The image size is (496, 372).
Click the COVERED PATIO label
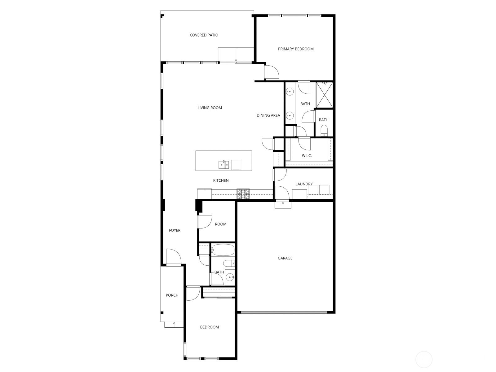(x=204, y=35)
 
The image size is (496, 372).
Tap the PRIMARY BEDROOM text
(x=295, y=49)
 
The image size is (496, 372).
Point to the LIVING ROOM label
(x=210, y=108)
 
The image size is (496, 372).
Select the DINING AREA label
(x=268, y=115)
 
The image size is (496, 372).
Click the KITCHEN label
(x=221, y=180)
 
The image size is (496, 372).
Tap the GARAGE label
(x=285, y=258)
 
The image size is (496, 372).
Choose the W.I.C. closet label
(x=307, y=156)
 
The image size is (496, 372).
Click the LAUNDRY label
(x=304, y=184)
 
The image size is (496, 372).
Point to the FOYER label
(x=175, y=230)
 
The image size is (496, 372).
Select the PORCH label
(x=172, y=295)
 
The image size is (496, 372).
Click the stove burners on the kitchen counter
(x=243, y=194)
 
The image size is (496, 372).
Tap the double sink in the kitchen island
(x=224, y=165)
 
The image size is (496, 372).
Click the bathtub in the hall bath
(x=223, y=250)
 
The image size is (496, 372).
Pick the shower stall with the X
(x=325, y=95)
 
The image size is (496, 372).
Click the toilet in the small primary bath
(x=324, y=131)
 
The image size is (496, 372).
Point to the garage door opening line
(x=284, y=312)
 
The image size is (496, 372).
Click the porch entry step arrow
(x=174, y=324)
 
